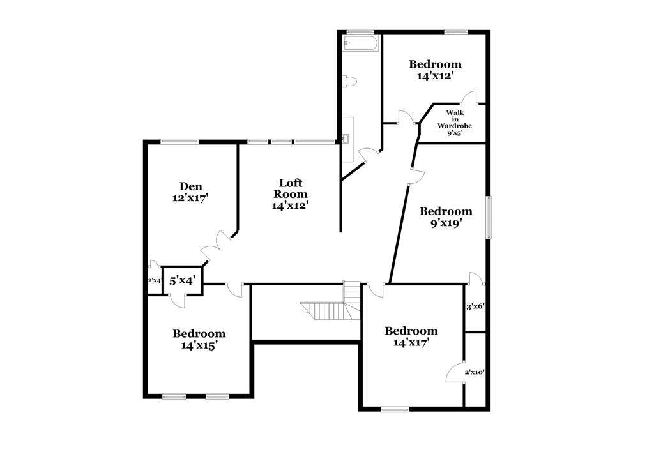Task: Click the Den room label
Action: point(190,186)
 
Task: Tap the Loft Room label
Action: point(291,188)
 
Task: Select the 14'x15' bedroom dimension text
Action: point(199,345)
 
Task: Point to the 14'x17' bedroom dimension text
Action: point(411,342)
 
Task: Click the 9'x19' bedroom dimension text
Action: point(446,223)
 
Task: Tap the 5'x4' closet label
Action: point(182,281)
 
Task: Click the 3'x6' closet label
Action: point(475,306)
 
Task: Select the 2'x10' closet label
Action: point(475,372)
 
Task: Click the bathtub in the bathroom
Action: point(360,43)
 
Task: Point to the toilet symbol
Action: point(349,81)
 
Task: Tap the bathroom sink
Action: point(346,139)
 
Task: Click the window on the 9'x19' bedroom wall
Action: point(488,217)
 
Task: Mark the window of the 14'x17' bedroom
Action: point(395,409)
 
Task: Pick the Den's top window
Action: point(179,141)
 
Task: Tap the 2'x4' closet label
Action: point(155,281)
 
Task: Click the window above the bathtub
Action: point(360,31)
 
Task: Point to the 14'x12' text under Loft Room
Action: point(291,205)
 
